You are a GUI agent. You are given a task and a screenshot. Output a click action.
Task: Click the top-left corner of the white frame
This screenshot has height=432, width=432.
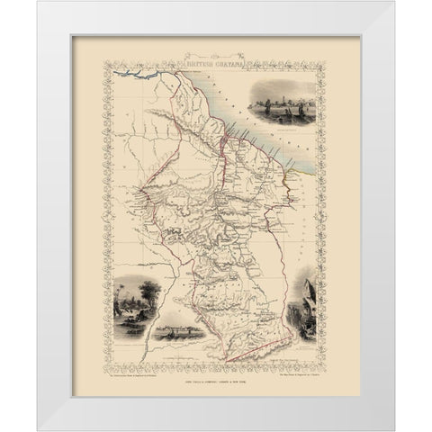(x=40, y=4)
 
